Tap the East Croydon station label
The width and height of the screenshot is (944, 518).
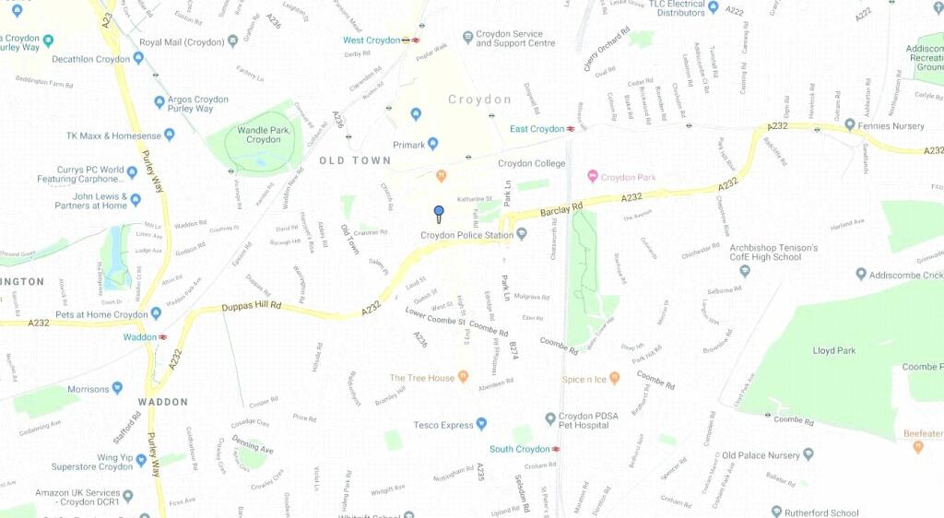537,129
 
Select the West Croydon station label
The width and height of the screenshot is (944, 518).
372,41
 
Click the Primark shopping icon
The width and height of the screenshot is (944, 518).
433,144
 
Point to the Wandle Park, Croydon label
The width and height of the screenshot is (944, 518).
264,135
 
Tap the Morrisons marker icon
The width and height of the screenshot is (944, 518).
117,389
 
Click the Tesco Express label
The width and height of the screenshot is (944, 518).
442,425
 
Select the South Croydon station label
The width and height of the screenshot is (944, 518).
519,449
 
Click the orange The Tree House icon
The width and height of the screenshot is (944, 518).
463,378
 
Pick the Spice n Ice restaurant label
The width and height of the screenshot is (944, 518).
584,379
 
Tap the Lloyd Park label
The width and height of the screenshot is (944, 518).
834,350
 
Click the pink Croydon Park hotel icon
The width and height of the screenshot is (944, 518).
593,177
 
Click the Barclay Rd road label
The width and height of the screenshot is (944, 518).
561,210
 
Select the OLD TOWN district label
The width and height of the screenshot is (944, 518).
355,160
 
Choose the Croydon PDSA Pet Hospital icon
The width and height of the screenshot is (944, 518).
550,418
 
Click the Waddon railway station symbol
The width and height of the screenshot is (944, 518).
163,337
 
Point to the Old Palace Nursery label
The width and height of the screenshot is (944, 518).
761,454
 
